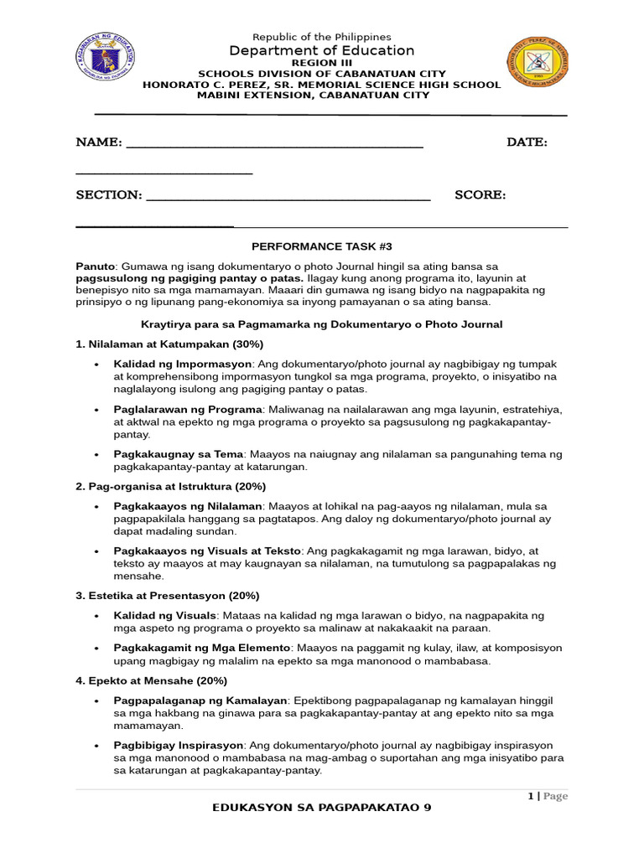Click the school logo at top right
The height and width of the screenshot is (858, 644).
tap(538, 66)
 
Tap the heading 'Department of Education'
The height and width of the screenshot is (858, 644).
tap(322, 50)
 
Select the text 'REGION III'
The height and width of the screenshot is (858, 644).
tap(321, 63)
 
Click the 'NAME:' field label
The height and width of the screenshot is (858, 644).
tap(99, 142)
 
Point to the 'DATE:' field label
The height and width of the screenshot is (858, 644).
tap(527, 142)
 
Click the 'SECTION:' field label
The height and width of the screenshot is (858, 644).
tap(109, 194)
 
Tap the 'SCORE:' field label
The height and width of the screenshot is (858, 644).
tap(480, 194)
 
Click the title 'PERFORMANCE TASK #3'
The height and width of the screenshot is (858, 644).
tap(322, 246)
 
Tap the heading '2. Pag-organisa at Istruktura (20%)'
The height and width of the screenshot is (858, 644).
tap(171, 486)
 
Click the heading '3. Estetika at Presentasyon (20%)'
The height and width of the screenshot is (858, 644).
tap(167, 596)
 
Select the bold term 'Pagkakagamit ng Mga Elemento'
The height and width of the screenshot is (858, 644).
tap(202, 648)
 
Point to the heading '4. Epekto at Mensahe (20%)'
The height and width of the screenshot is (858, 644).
tap(151, 680)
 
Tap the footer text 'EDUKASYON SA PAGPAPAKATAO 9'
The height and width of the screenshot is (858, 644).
tap(322, 808)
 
